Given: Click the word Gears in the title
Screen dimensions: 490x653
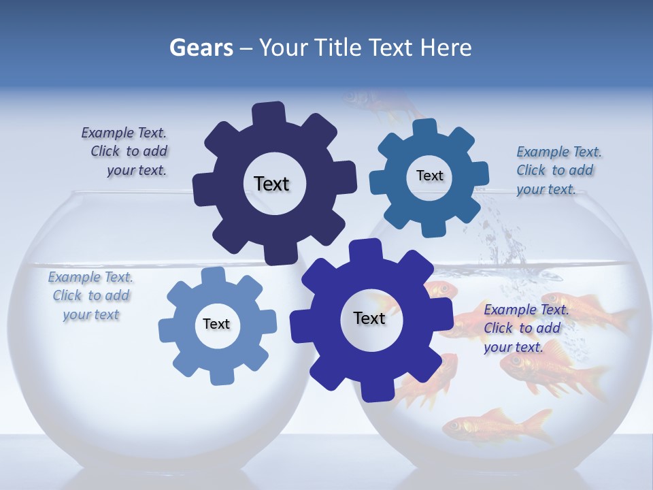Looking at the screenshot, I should pos(201,48).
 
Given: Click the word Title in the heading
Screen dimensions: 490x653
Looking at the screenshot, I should pos(337,48).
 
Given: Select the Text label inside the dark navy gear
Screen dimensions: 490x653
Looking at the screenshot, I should pos(271,184).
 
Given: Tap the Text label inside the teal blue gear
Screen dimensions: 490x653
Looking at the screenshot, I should pos(429,176).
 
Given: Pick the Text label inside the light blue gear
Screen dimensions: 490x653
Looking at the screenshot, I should pos(216,324).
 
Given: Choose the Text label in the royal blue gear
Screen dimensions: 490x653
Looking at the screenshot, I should pos(369,318).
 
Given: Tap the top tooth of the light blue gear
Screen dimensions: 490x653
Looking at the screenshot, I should pos(213,275).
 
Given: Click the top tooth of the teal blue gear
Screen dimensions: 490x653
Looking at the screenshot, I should pos(425,128).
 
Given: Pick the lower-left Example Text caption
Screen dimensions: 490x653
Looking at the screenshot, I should pos(90,295).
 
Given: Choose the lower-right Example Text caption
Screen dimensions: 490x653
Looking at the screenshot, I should pos(524,328).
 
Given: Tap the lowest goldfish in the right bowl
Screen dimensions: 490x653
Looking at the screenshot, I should pos(497,425).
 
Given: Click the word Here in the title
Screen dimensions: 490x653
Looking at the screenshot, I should pos(446,48).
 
